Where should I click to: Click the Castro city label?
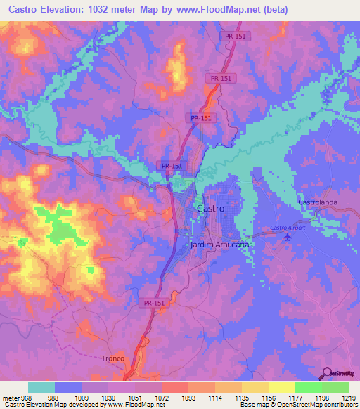pyautogui.click(x=211, y=209)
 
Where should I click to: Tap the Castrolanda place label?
pyautogui.click(x=318, y=202)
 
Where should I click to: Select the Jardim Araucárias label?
pyautogui.click(x=221, y=247)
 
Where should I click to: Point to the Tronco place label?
pyautogui.click(x=112, y=358)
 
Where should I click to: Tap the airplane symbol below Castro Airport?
pyautogui.click(x=286, y=238)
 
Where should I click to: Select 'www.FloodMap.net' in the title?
pyautogui.click(x=210, y=11)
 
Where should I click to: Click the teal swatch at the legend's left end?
pyautogui.click(x=41, y=387)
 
